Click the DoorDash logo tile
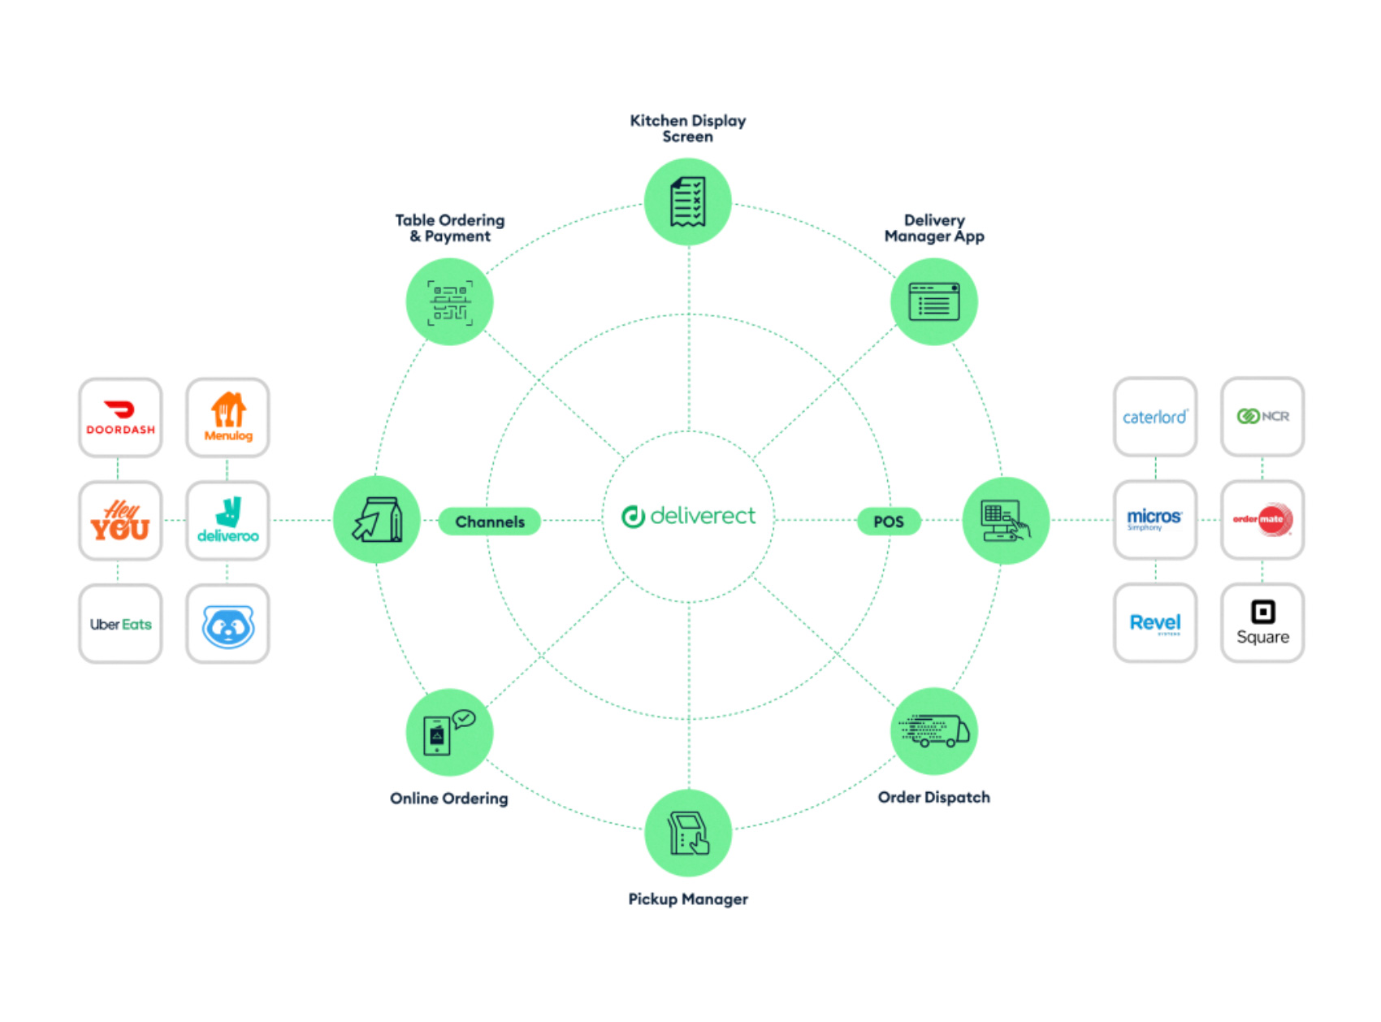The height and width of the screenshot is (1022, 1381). pyautogui.click(x=120, y=417)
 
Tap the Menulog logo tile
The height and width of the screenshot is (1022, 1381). pyautogui.click(x=227, y=417)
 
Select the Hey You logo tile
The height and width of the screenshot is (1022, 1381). pyautogui.click(x=120, y=520)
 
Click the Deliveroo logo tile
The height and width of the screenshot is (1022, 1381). pyautogui.click(x=227, y=520)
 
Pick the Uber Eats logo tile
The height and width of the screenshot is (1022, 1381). pyautogui.click(x=120, y=623)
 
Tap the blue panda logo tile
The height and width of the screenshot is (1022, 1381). pyautogui.click(x=227, y=623)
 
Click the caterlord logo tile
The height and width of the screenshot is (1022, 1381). pyautogui.click(x=1154, y=416)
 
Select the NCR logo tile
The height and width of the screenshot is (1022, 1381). pyautogui.click(x=1262, y=416)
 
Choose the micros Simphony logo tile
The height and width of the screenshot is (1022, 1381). pyautogui.click(x=1154, y=519)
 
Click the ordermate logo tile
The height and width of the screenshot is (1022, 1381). pyautogui.click(x=1262, y=519)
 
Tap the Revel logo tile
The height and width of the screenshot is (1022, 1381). pyautogui.click(x=1154, y=622)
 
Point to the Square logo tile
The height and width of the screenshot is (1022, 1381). pyautogui.click(x=1262, y=622)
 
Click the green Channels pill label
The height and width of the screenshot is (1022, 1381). pyautogui.click(x=490, y=522)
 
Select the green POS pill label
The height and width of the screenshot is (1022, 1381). pyautogui.click(x=889, y=522)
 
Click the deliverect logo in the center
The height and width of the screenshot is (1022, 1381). pyautogui.click(x=688, y=516)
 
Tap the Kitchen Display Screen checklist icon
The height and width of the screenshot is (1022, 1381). pyautogui.click(x=688, y=201)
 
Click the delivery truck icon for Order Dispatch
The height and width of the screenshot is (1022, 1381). pyautogui.click(x=934, y=731)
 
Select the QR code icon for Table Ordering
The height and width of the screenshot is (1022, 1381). pyautogui.click(x=449, y=302)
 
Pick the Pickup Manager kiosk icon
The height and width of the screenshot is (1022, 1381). pyautogui.click(x=688, y=833)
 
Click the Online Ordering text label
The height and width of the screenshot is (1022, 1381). pyautogui.click(x=448, y=798)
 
